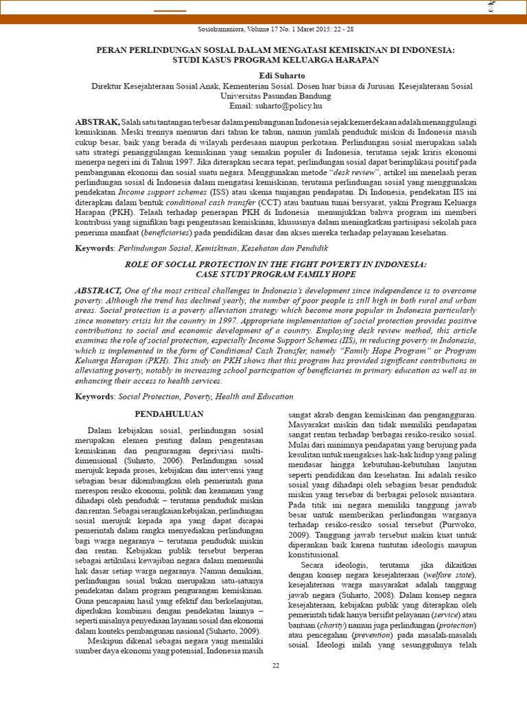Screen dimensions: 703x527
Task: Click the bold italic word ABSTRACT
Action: [x=99, y=292]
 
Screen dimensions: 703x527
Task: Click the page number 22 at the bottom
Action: [x=276, y=666]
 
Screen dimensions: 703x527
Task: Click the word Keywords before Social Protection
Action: [x=95, y=397]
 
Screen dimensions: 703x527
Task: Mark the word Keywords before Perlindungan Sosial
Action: [x=95, y=247]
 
